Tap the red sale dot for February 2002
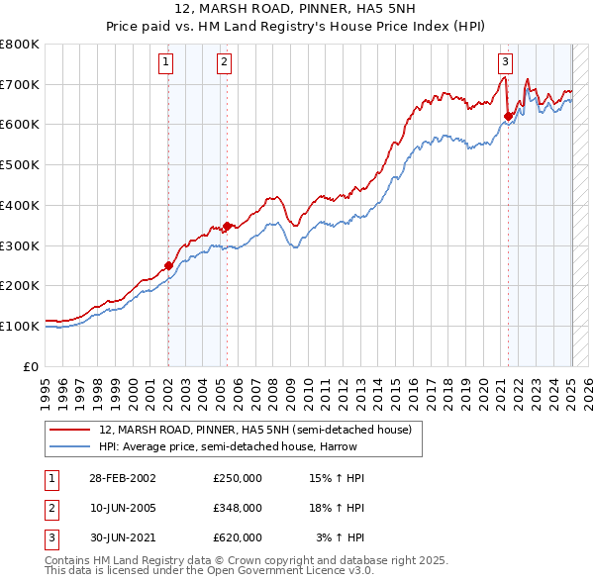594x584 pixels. (168, 265)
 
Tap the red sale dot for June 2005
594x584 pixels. (227, 226)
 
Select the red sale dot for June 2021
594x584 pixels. (508, 116)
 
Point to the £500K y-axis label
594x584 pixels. (20, 164)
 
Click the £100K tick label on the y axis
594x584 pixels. (20, 326)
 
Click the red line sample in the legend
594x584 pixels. (71, 429)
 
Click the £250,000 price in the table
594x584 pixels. (238, 478)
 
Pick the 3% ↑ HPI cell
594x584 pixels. (341, 537)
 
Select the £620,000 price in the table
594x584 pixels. (238, 537)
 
